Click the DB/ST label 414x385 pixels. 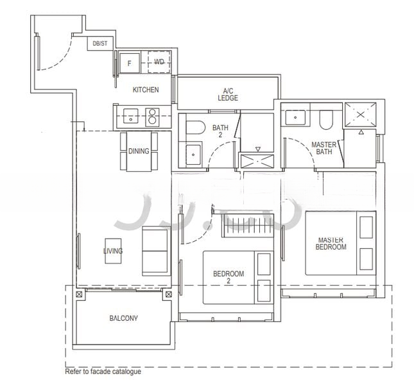[101, 44]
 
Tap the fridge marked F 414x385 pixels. [130, 63]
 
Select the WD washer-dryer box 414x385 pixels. [159, 62]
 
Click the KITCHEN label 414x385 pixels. [146, 90]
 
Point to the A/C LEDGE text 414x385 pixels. [228, 94]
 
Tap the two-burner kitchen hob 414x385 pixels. [154, 116]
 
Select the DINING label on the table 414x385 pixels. [139, 151]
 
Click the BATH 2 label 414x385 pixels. [220, 132]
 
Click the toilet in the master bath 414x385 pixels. [325, 118]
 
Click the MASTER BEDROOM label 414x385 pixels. [331, 244]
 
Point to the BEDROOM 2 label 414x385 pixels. [229, 277]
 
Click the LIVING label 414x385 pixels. [113, 251]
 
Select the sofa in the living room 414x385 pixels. [155, 250]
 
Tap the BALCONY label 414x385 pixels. [123, 318]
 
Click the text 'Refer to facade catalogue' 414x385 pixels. [103, 372]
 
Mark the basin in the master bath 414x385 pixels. [295, 117]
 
